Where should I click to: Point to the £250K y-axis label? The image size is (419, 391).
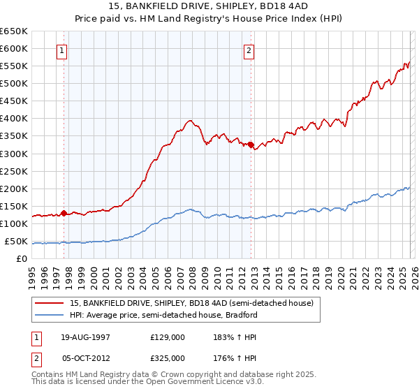coord(14,171)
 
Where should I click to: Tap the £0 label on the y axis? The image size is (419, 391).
coord(22,259)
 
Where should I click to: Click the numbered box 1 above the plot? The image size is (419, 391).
coord(62,50)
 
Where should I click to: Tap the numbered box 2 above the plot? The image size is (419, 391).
coord(249,50)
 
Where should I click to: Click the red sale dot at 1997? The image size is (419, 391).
coord(64,213)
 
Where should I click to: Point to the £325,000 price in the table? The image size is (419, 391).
coord(168,357)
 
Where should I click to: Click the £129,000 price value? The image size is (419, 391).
coord(168,337)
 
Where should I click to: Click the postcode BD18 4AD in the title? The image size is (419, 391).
coord(272,6)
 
